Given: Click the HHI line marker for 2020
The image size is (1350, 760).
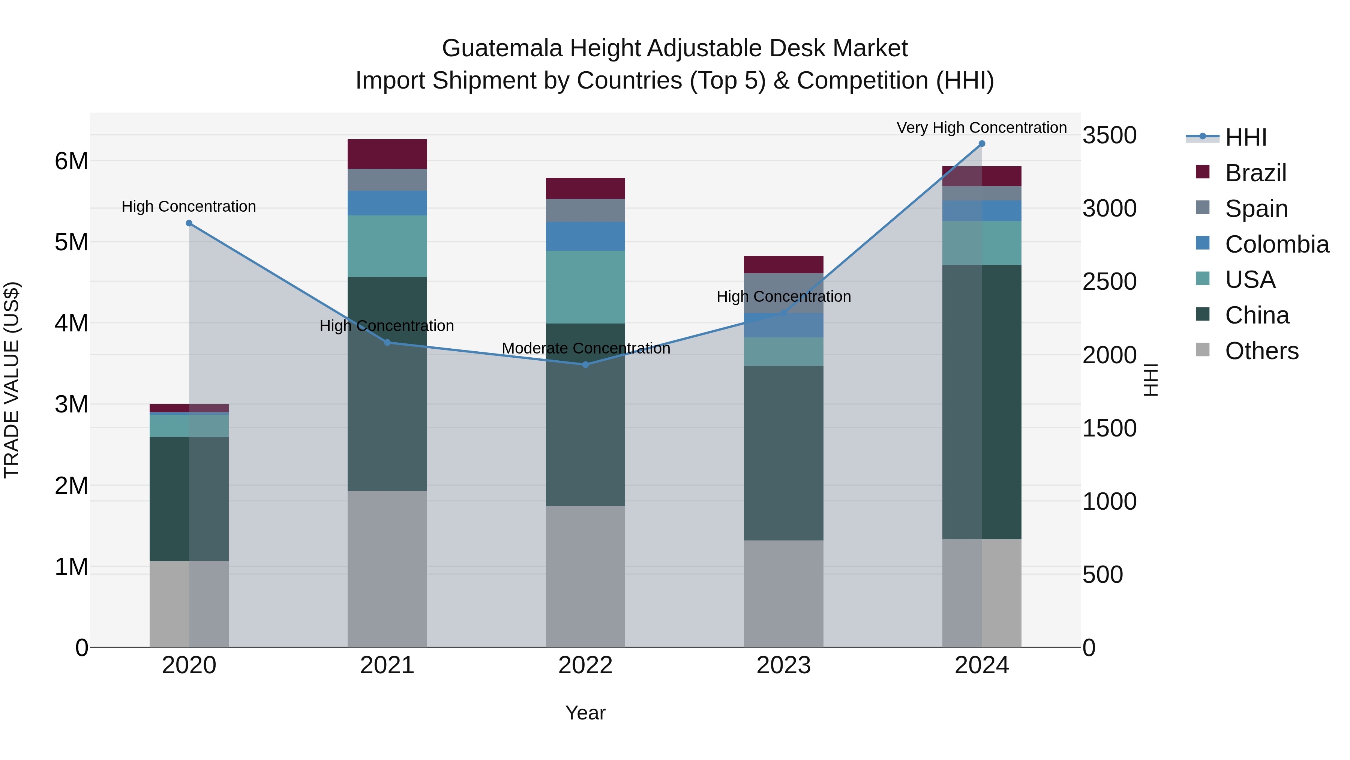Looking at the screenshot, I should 189,223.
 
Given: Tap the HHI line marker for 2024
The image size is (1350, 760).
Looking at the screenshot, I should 982,144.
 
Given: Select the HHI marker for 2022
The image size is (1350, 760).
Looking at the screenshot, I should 585,364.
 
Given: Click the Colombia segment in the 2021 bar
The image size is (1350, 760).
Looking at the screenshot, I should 387,203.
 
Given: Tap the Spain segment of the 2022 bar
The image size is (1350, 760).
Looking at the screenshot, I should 585,210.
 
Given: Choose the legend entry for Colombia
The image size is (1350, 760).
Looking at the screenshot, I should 1276,244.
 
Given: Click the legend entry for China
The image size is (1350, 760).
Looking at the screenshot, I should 1257,315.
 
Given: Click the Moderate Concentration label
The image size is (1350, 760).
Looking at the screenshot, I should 585,348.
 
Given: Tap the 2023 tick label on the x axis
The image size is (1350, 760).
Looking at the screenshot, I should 783,665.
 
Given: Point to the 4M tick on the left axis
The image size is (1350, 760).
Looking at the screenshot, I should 71,323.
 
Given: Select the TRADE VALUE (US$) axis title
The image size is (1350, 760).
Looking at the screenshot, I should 12,380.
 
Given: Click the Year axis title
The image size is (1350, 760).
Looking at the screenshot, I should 585,713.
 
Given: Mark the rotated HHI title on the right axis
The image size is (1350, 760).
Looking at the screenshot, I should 1150,380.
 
